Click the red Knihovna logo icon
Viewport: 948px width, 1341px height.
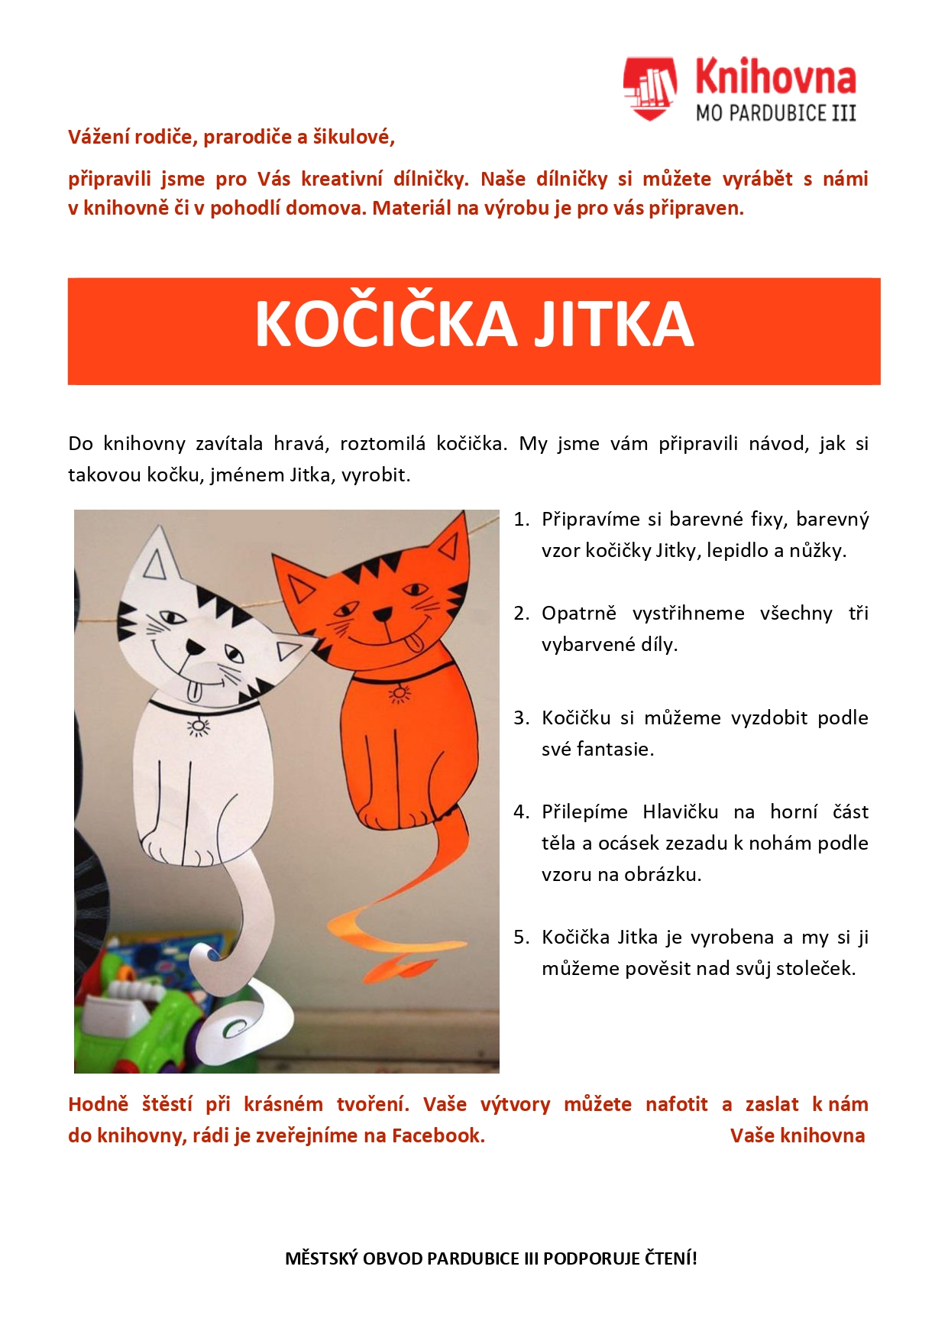pos(649,88)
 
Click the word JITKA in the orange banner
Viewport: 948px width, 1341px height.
pos(613,324)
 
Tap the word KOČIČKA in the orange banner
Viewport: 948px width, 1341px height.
pos(387,324)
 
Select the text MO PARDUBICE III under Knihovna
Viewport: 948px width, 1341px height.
pos(775,114)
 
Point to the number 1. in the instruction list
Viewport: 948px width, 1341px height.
pos(521,520)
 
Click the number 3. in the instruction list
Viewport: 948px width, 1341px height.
pos(521,718)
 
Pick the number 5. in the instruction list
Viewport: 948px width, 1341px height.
pos(521,938)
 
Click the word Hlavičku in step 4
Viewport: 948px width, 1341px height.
pos(680,812)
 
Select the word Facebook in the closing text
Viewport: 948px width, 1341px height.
pos(438,1136)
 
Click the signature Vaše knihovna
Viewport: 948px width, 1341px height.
pos(798,1136)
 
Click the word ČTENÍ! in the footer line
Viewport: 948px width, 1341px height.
pos(671,1258)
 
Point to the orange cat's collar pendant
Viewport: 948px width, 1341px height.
pos(399,694)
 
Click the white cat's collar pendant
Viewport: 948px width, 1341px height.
pos(199,725)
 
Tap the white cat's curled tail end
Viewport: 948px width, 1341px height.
pos(237,1028)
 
